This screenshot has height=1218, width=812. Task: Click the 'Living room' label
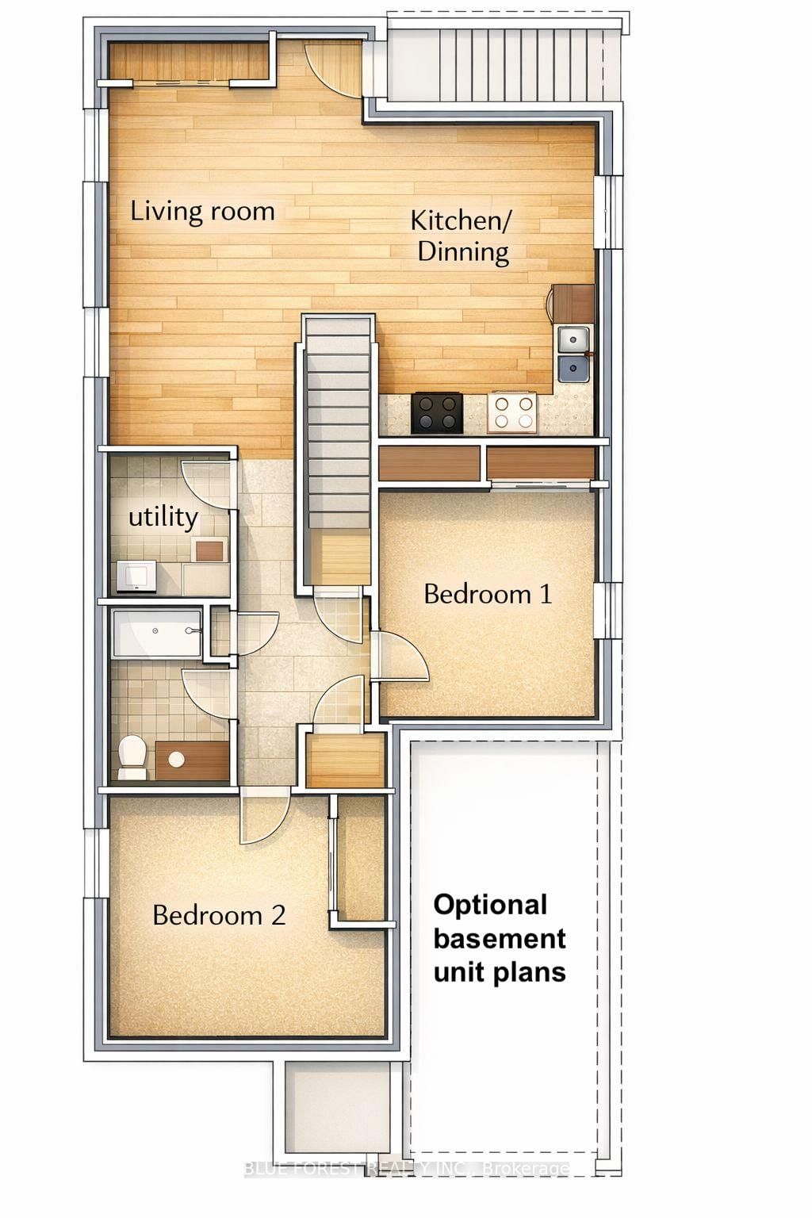(x=202, y=212)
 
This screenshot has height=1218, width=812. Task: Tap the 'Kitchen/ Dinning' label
(x=461, y=236)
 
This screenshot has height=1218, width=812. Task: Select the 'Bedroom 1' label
(x=488, y=594)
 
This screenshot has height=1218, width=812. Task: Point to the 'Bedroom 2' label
(x=218, y=915)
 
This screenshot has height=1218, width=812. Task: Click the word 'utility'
(x=163, y=517)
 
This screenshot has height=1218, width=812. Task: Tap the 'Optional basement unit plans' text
(x=499, y=938)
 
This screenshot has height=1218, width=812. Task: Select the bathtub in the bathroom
(x=157, y=632)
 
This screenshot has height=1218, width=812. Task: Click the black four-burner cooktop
(x=437, y=412)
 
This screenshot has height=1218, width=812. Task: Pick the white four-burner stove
(x=511, y=412)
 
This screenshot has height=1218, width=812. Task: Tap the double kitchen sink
(x=573, y=354)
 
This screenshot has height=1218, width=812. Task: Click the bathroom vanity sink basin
(x=177, y=759)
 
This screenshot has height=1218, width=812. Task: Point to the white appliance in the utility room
(x=137, y=575)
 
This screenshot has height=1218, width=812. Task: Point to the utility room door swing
(x=205, y=484)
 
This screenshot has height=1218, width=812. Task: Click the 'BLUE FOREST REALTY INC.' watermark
(x=406, y=1169)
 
